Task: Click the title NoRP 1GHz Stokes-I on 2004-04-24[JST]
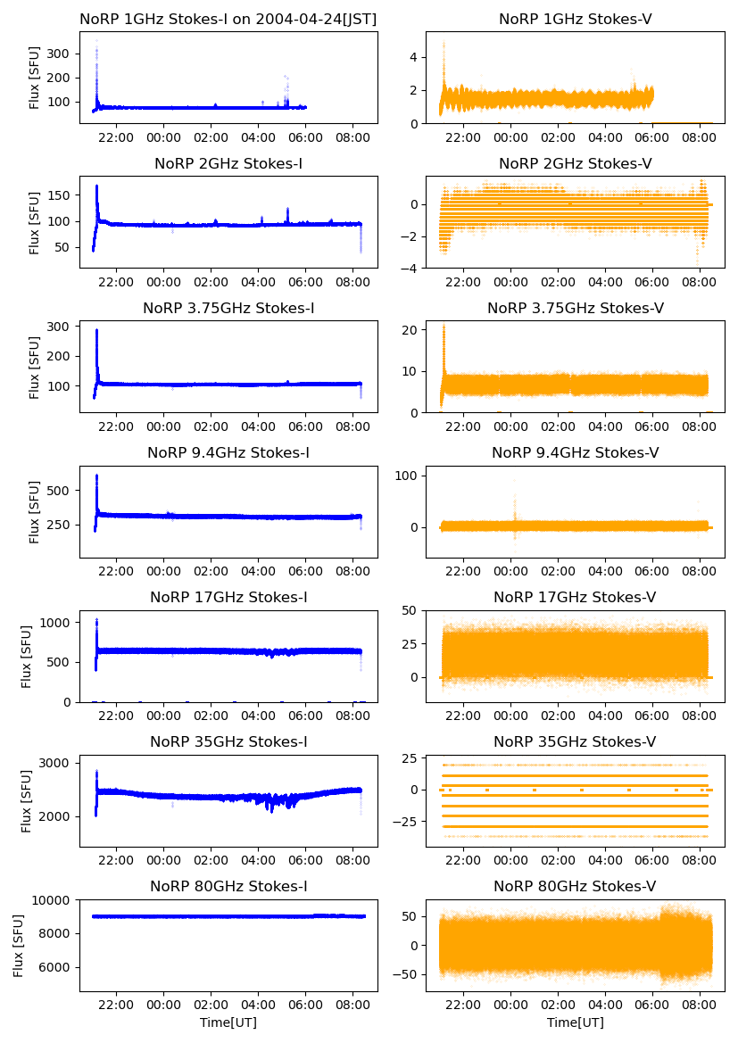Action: coord(228,19)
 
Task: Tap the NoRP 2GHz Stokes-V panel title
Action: coord(575,163)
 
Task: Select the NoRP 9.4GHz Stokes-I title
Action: coord(228,452)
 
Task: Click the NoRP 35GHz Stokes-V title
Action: coord(575,741)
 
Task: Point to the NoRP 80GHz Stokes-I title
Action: coord(228,886)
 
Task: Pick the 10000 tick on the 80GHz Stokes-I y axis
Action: coord(55,900)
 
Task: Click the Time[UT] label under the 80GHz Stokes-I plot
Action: coord(228,1022)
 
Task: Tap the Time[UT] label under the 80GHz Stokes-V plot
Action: coord(575,1022)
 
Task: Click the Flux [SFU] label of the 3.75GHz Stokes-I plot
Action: coord(35,367)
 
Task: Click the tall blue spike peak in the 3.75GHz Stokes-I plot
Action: coord(96,331)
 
